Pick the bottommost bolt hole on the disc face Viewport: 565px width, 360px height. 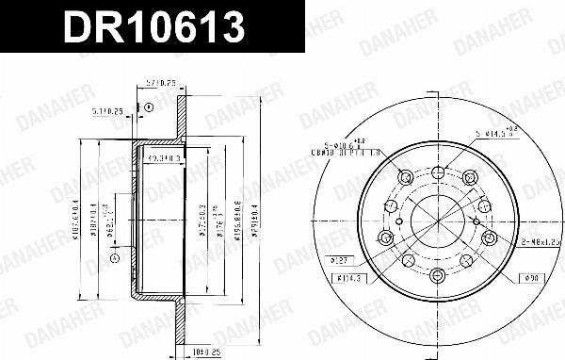[439, 276]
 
